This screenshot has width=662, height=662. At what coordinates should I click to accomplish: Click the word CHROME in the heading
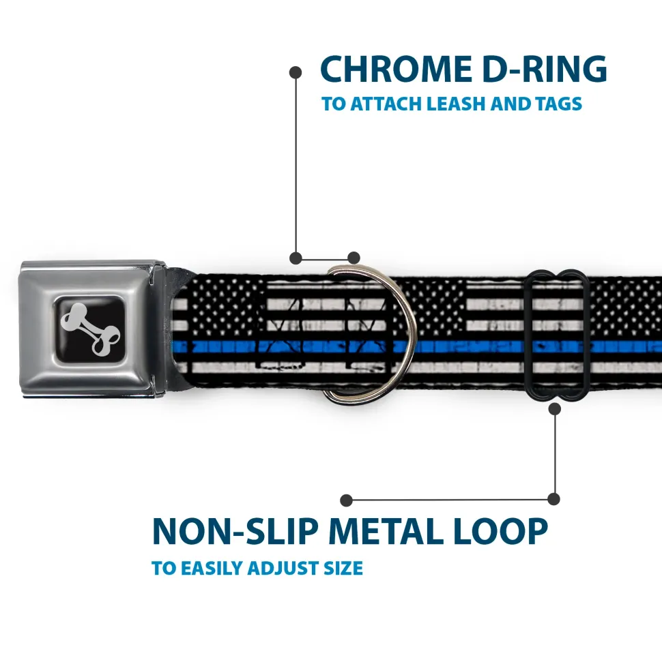point(391,70)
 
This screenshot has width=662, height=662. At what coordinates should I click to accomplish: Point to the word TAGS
point(558,104)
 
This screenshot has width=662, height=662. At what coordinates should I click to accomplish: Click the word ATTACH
point(386,104)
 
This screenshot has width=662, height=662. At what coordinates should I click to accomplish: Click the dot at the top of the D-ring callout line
point(296,71)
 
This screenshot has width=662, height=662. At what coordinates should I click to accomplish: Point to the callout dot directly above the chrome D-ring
point(354,258)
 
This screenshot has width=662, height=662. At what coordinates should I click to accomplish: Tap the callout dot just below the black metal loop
point(555,409)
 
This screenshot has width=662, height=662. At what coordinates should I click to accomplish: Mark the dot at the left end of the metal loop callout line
point(347,500)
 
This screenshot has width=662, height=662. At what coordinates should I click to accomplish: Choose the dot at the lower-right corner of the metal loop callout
point(554,500)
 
